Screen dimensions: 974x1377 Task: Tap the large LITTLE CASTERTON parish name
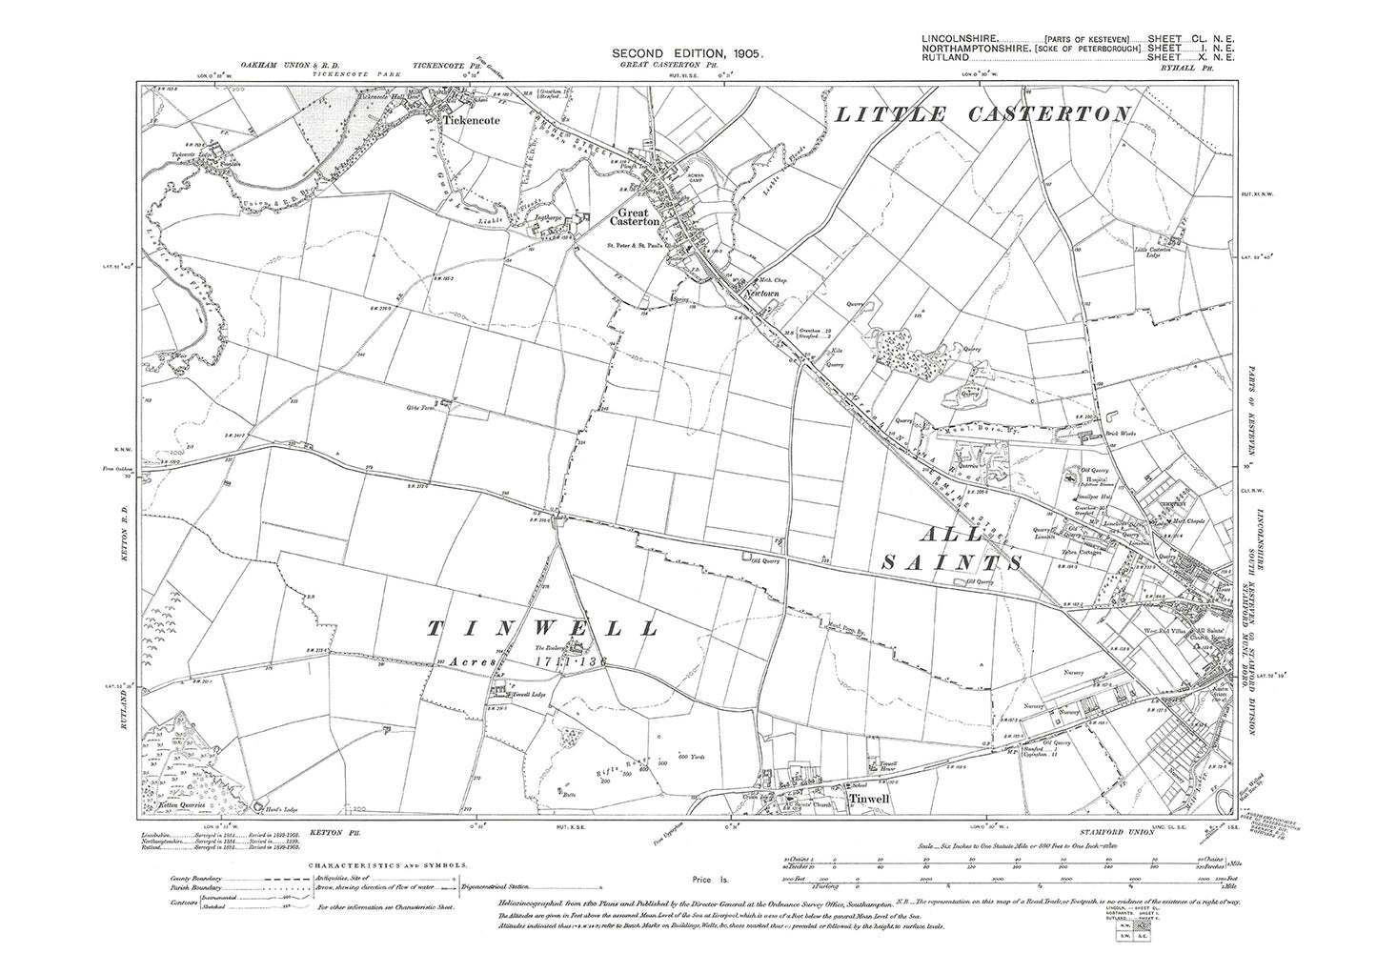982,114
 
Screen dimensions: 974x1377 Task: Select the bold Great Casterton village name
638,217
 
